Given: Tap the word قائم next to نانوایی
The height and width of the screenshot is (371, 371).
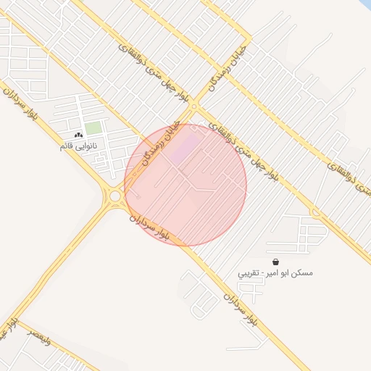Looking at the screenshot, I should [67, 146].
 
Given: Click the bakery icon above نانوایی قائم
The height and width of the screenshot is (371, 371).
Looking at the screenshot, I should [78, 136].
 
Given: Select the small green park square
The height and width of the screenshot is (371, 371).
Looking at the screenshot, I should [93, 128].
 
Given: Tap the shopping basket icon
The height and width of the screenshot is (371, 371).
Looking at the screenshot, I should [275, 262].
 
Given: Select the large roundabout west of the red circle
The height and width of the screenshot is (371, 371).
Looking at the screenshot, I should [115, 195].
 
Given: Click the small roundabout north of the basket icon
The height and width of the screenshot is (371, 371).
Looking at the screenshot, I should [315, 212].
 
